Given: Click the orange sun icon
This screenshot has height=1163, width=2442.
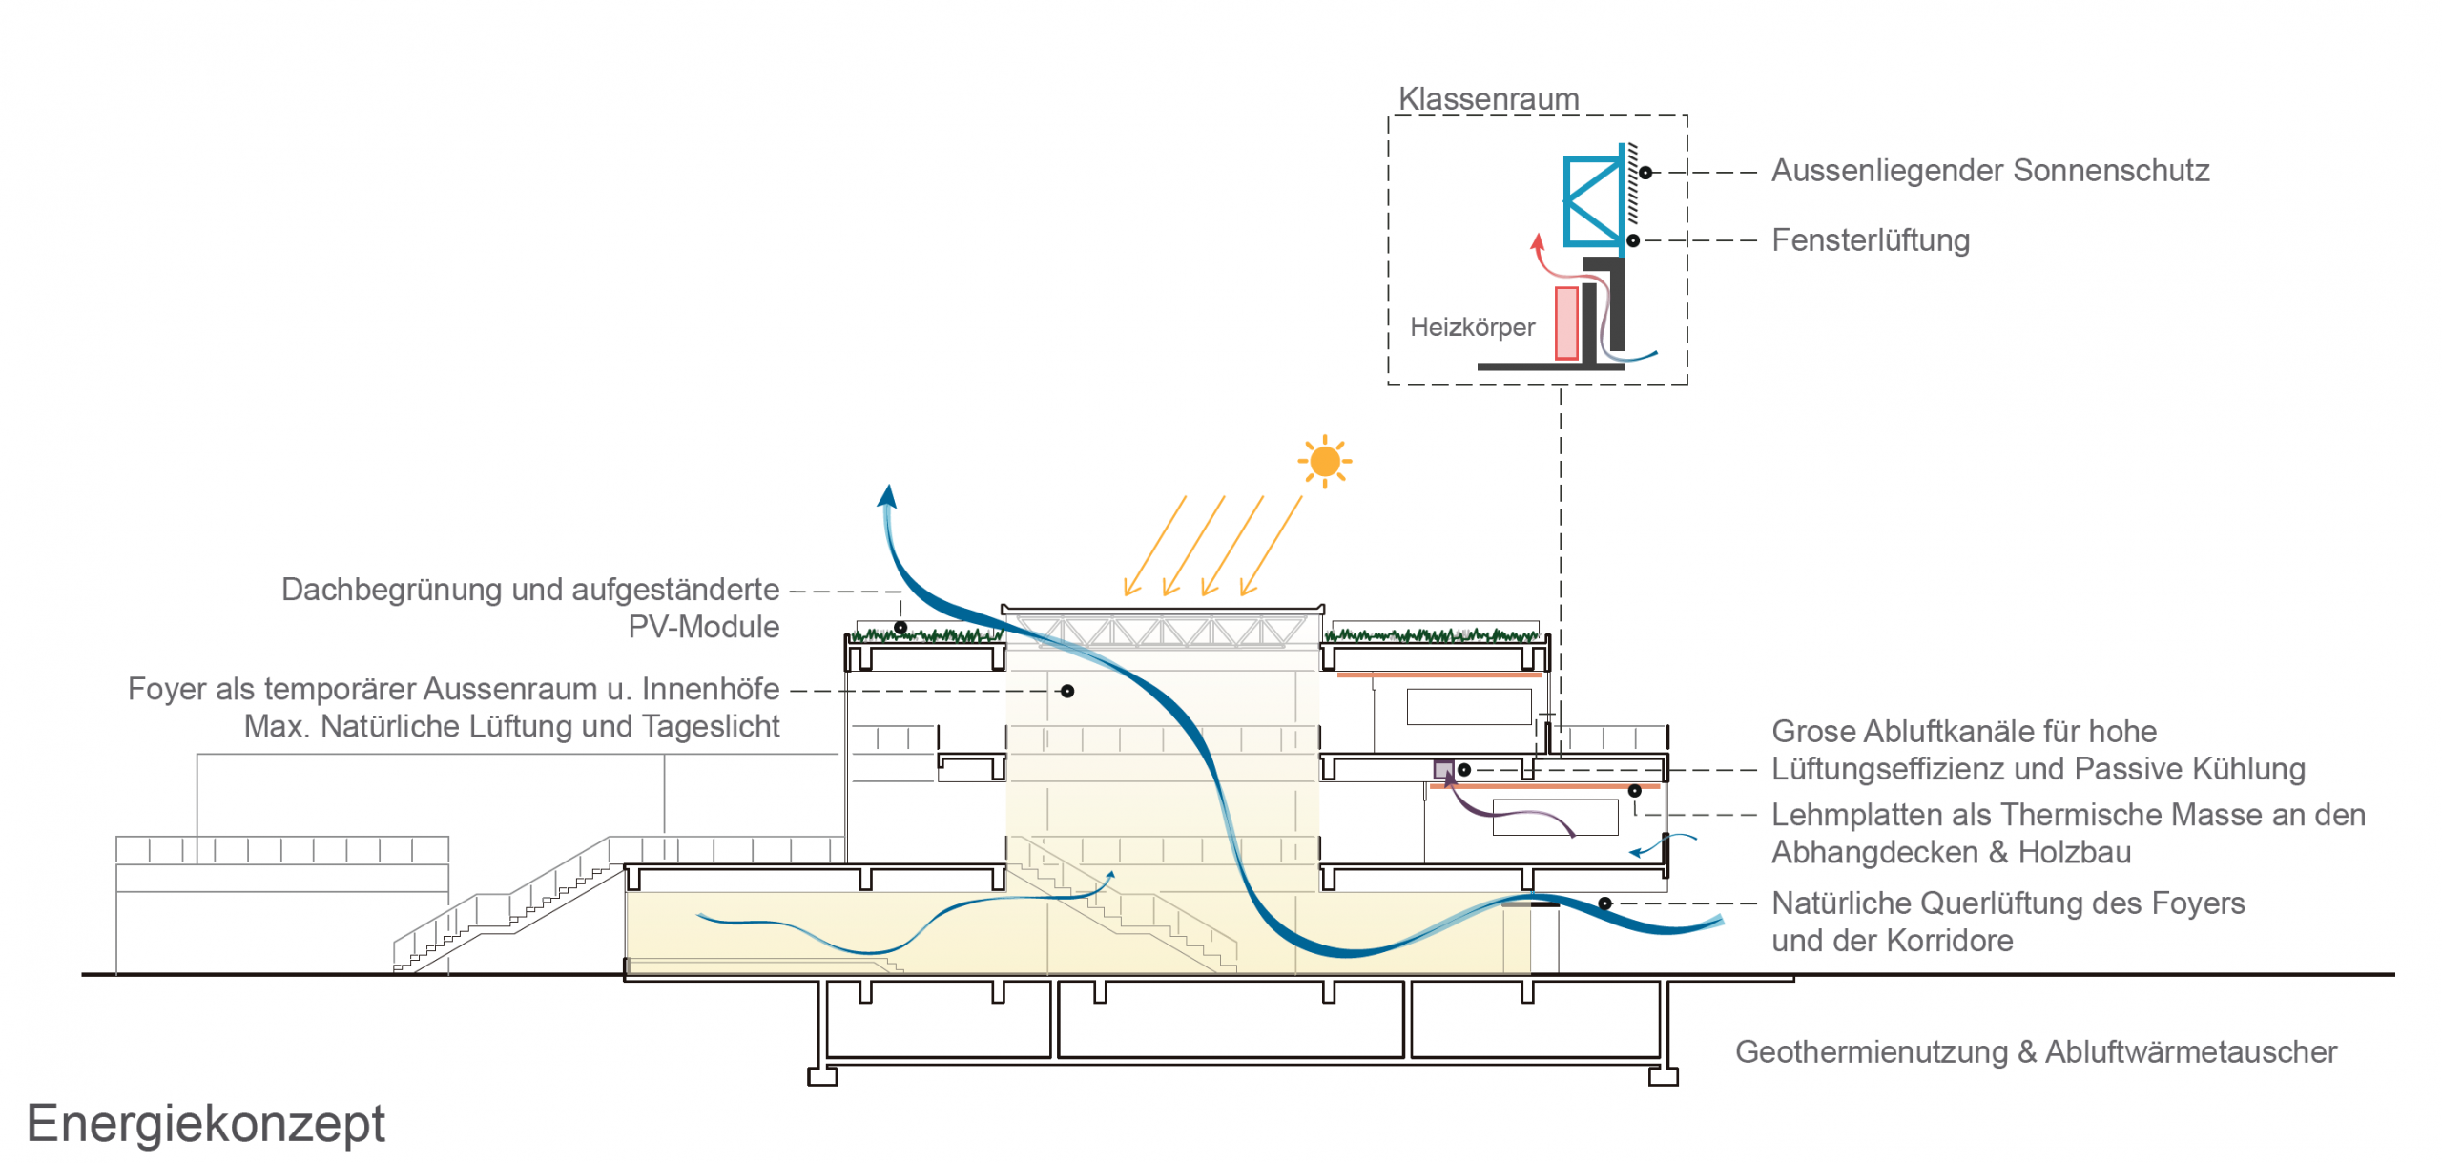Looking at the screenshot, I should (1324, 462).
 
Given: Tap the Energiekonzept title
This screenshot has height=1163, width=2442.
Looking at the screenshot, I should (205, 1123).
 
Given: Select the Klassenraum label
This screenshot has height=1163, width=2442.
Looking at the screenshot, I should (1488, 99).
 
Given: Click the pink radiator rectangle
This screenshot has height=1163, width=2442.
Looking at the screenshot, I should (1565, 322).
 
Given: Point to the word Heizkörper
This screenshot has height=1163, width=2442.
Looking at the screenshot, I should (1472, 327).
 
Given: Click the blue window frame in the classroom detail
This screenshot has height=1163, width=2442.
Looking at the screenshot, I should (1593, 201).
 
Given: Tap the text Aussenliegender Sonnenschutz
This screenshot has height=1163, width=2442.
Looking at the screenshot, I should (1990, 171).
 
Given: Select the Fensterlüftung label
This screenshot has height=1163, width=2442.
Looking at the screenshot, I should (1870, 240).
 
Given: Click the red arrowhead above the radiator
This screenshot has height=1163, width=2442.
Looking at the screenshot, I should (1537, 242).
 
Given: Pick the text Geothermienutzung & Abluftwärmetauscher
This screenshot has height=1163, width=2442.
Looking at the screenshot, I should (2035, 1051).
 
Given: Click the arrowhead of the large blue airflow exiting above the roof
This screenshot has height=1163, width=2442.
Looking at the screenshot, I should (888, 496).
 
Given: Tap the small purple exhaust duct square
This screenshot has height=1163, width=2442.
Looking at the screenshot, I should (1443, 770).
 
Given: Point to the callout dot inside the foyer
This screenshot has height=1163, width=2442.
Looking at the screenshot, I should (1067, 691).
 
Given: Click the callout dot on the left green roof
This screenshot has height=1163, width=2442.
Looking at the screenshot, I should (900, 628).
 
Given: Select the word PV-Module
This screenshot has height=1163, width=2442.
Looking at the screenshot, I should (703, 627).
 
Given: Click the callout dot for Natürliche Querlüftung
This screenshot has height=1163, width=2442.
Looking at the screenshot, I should (1604, 903).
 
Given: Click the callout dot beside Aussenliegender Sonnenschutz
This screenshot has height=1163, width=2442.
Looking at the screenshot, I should (1645, 173).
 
